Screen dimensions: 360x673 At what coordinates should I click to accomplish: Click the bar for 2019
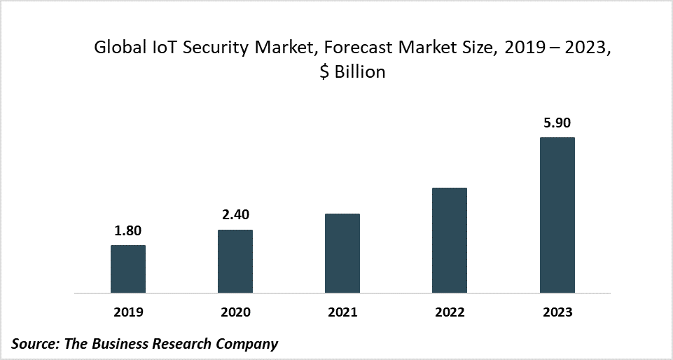click(128, 269)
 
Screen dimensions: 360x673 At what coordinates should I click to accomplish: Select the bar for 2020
click(235, 261)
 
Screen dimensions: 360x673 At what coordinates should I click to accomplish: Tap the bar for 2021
click(342, 253)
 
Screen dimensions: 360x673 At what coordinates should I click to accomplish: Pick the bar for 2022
click(450, 240)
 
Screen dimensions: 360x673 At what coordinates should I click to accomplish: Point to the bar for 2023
click(557, 215)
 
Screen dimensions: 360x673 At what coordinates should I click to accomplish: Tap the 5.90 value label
click(557, 123)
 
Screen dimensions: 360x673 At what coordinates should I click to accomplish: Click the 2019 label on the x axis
click(128, 312)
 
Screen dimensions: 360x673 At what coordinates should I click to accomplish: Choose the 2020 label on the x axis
click(235, 312)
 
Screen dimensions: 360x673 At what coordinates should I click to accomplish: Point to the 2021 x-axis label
click(342, 312)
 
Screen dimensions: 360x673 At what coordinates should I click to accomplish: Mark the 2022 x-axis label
click(450, 312)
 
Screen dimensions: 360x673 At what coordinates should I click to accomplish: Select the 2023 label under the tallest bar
click(557, 312)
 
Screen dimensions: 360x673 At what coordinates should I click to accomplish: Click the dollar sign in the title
click(323, 72)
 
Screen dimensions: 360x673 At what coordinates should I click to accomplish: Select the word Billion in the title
click(359, 72)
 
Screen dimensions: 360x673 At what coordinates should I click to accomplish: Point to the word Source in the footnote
click(34, 344)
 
